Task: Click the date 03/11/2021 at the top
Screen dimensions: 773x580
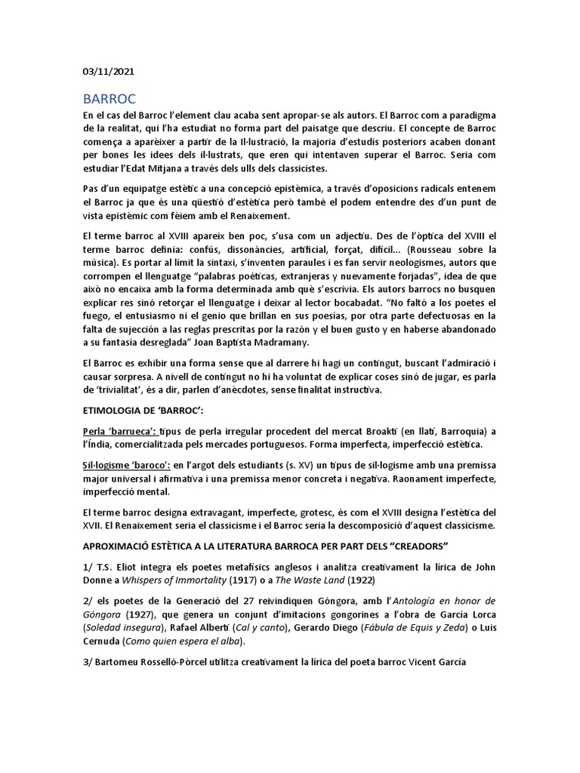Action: point(110,72)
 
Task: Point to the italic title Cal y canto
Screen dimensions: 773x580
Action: point(273,627)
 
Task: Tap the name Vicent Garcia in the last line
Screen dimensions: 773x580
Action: point(437,662)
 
